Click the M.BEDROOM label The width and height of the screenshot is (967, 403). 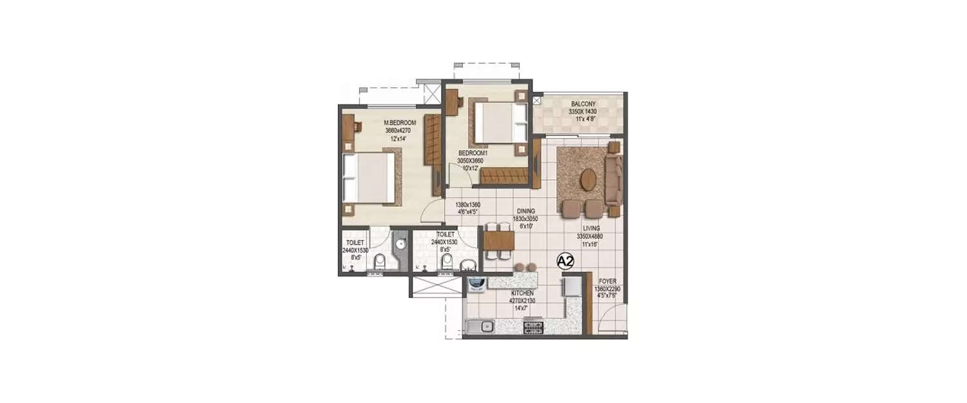click(400, 123)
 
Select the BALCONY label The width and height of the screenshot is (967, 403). click(583, 103)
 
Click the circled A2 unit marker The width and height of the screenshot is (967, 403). click(565, 261)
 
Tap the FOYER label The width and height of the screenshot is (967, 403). click(607, 281)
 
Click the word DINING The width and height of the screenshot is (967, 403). click(525, 211)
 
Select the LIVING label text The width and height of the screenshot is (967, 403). click(591, 228)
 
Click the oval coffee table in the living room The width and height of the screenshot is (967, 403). click(588, 180)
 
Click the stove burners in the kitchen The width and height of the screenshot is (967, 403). click(532, 328)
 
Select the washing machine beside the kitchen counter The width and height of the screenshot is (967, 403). click(476, 284)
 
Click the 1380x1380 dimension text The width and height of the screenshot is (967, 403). click(467, 204)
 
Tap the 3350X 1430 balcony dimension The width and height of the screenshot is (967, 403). click(583, 111)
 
